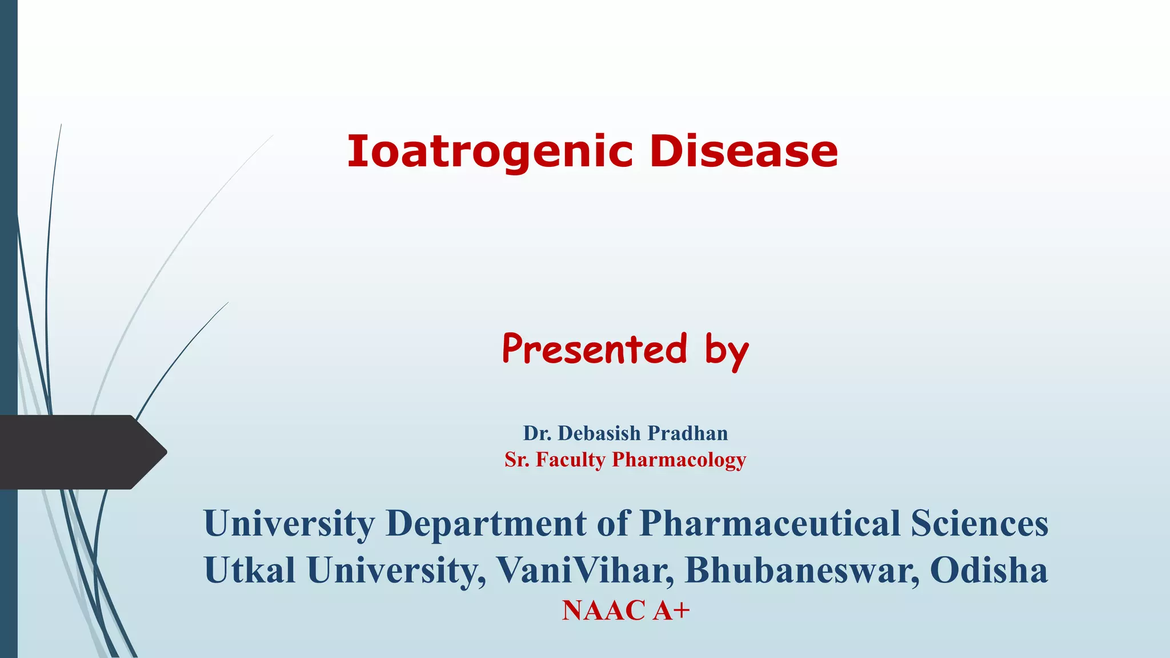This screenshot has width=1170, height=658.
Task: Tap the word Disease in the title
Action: click(x=743, y=152)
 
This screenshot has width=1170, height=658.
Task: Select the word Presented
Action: click(x=594, y=349)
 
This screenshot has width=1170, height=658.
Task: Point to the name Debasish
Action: click(x=599, y=434)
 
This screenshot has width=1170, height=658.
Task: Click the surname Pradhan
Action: click(x=688, y=434)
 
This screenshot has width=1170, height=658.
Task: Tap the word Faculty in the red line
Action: click(x=570, y=460)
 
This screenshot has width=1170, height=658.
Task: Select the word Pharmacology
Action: click(x=679, y=460)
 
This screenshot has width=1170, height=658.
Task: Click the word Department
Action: click(x=486, y=524)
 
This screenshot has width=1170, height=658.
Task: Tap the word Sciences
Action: click(x=980, y=524)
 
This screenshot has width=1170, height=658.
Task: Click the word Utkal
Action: click(x=250, y=570)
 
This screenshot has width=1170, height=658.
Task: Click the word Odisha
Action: click(x=989, y=570)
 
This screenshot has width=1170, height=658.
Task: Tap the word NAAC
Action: click(x=603, y=610)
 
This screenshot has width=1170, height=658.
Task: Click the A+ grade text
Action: click(x=672, y=610)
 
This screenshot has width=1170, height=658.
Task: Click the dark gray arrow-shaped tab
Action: click(x=80, y=452)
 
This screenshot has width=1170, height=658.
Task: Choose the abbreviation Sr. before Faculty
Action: click(x=517, y=460)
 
